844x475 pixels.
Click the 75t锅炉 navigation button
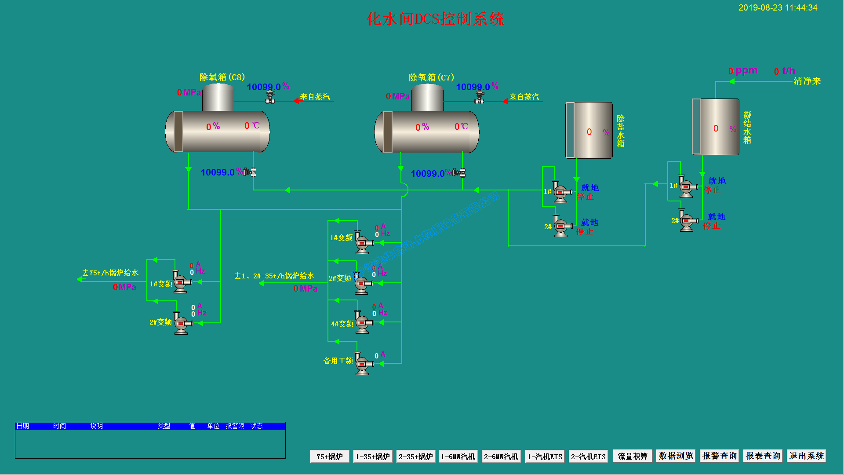coord(330,457)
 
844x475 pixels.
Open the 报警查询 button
coord(719,456)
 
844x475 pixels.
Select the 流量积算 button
coord(633,457)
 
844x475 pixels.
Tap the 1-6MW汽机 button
coord(458,457)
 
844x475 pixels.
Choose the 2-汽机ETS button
coord(588,457)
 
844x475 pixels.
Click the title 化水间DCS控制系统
coord(435,19)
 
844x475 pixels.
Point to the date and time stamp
coord(778,8)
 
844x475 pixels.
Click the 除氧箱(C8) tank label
coord(222,77)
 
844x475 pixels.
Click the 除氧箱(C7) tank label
coord(431,77)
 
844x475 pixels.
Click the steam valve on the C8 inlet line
coord(270,98)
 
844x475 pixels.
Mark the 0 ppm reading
coord(742,71)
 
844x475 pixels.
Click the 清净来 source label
coord(807,81)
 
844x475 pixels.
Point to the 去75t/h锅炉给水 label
coord(110,273)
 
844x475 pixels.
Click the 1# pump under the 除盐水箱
coord(560,192)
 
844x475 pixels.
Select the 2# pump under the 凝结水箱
coord(687,220)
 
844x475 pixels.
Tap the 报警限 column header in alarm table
coord(235,426)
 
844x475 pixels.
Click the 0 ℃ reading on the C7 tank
coord(461,127)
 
